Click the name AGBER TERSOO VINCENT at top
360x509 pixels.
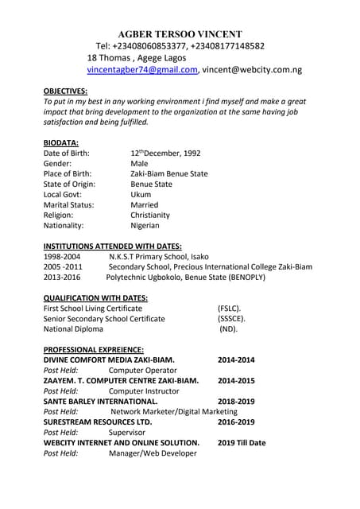coord(180,33)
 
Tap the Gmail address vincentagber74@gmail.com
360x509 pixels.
coord(142,70)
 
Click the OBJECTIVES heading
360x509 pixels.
coord(65,91)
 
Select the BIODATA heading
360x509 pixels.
coord(60,142)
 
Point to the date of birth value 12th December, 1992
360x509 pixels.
coord(165,153)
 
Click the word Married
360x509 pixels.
coord(145,204)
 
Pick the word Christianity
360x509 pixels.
coord(150,215)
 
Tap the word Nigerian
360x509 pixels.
coord(145,225)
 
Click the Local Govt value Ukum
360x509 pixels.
coord(141,194)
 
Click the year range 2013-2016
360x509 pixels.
coord(62,278)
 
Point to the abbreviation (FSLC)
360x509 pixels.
coord(230,308)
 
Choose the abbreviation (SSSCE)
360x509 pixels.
coord(231,318)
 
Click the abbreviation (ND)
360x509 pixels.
coord(228,328)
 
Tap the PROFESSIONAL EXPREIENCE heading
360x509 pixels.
coord(93,349)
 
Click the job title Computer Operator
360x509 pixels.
coord(142,370)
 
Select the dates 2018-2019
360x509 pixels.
coord(236,401)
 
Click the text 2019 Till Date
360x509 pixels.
coord(242,442)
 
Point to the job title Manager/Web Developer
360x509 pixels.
coord(153,453)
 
